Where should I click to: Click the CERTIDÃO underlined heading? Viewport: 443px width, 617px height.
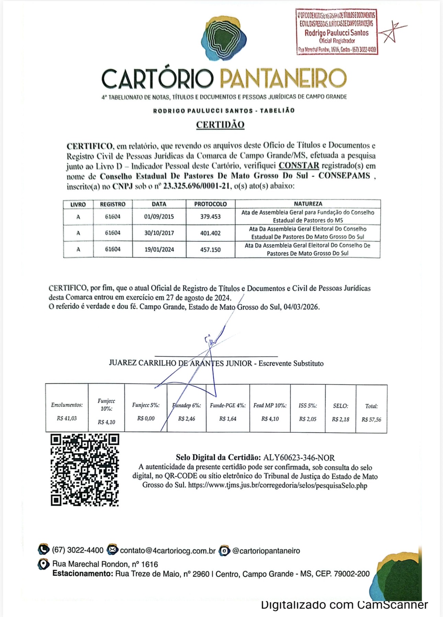pyautogui.click(x=220, y=125)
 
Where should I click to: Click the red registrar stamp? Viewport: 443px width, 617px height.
pyautogui.click(x=337, y=32)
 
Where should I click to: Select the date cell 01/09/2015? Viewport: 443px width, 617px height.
pyautogui.click(x=159, y=217)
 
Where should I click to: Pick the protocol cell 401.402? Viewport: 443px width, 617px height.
pyautogui.click(x=210, y=233)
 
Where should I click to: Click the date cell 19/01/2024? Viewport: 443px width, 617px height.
pyautogui.click(x=159, y=249)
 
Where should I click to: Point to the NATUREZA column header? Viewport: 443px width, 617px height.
pyautogui.click(x=308, y=204)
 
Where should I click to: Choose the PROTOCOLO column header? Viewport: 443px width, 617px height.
pyautogui.click(x=210, y=204)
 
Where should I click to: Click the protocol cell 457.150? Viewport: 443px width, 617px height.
pyautogui.click(x=210, y=249)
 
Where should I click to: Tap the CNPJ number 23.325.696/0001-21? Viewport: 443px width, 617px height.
pyautogui.click(x=196, y=186)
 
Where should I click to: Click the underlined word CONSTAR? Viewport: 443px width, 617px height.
pyautogui.click(x=299, y=166)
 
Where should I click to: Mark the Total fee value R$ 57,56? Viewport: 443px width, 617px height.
pyautogui.click(x=371, y=419)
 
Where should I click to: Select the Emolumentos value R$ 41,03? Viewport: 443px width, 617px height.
pyautogui.click(x=67, y=418)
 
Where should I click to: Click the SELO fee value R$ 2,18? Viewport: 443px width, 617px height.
pyautogui.click(x=340, y=419)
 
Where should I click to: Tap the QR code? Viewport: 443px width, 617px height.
pyautogui.click(x=85, y=470)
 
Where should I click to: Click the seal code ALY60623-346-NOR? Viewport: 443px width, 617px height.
pyautogui.click(x=299, y=457)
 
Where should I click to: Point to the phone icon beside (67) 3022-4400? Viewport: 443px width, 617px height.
pyautogui.click(x=44, y=550)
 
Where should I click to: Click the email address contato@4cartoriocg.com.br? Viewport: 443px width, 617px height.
pyautogui.click(x=168, y=550)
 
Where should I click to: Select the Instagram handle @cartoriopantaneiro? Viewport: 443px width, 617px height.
pyautogui.click(x=266, y=550)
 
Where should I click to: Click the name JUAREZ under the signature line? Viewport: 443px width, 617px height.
pyautogui.click(x=123, y=363)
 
